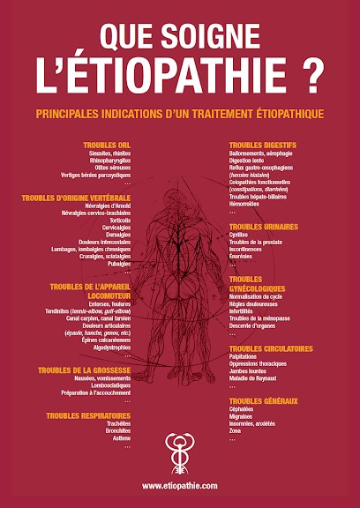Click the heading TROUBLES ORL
(x=107, y=145)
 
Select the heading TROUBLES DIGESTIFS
(x=263, y=145)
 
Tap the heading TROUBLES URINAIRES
(x=264, y=227)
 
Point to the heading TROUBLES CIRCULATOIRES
(x=269, y=347)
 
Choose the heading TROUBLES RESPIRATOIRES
(x=88, y=415)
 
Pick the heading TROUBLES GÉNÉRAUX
(x=263, y=401)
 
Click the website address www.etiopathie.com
(x=179, y=486)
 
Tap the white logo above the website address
(x=179, y=454)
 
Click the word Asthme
(x=121, y=438)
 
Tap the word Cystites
(x=239, y=235)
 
